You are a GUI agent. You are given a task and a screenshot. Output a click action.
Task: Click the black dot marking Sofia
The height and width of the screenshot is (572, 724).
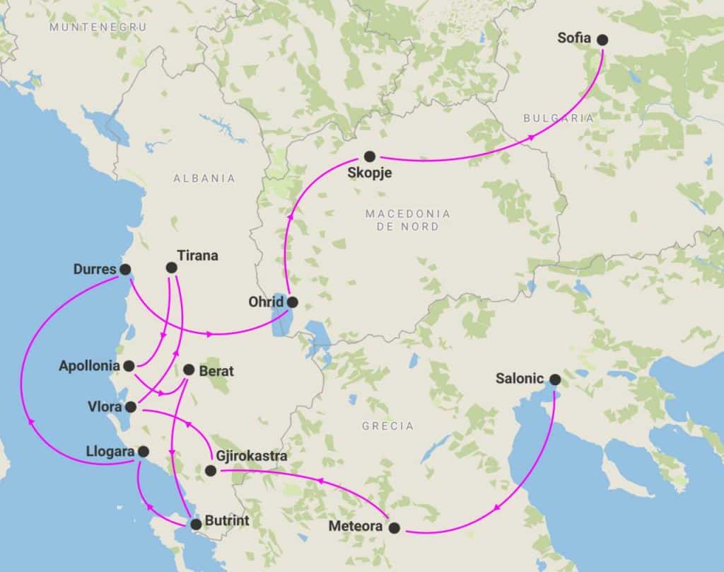click(602, 40)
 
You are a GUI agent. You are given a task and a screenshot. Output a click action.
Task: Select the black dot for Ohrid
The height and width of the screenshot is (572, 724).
click(292, 302)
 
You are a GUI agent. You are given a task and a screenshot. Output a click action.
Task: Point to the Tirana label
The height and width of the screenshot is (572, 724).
click(198, 256)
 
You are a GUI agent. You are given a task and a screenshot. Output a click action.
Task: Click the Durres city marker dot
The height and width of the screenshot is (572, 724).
click(125, 269)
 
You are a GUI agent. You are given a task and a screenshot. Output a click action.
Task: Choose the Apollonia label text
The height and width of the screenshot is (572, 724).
click(88, 367)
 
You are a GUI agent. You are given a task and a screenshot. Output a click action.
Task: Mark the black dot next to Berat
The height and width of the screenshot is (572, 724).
click(188, 370)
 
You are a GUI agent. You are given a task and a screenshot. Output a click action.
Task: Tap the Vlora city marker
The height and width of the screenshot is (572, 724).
click(131, 407)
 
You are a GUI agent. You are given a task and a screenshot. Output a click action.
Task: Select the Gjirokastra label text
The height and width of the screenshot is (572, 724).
click(253, 457)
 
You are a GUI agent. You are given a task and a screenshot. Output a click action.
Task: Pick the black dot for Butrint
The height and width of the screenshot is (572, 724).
click(196, 524)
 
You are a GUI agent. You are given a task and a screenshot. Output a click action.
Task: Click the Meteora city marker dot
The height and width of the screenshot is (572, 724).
click(395, 527)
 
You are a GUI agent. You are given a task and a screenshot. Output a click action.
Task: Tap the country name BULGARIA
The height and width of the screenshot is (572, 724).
click(559, 119)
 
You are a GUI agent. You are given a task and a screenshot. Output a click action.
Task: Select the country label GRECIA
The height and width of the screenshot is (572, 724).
click(387, 426)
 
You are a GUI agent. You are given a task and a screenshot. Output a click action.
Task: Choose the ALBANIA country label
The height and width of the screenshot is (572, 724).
click(204, 178)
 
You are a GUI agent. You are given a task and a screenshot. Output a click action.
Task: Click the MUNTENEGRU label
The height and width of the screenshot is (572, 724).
click(98, 26)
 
